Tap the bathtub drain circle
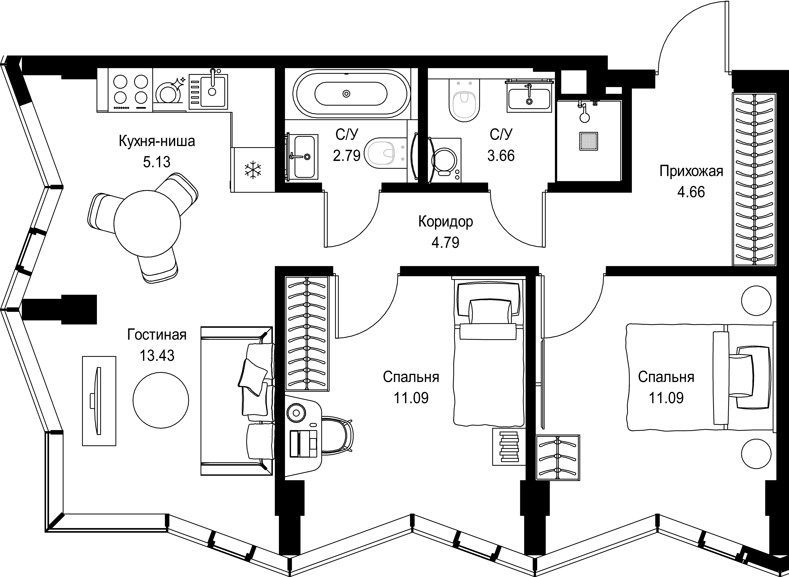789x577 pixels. tap(346, 94)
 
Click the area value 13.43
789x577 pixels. tap(157, 356)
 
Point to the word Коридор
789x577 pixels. tap(446, 222)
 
